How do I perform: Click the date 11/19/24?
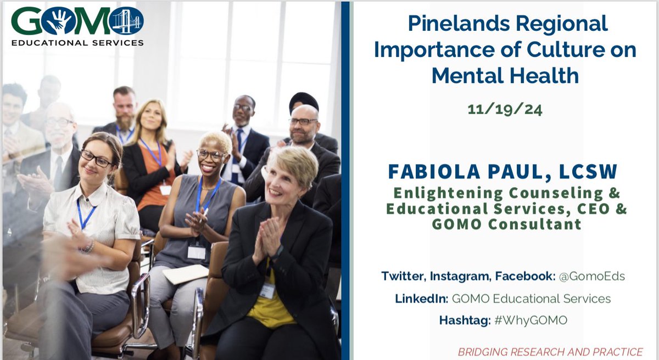pos(505,109)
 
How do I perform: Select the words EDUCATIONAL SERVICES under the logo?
pos(77,42)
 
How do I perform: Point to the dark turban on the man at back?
pos(304,100)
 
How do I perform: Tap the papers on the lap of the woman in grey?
pos(185,274)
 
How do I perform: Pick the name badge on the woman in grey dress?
pos(196,251)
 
